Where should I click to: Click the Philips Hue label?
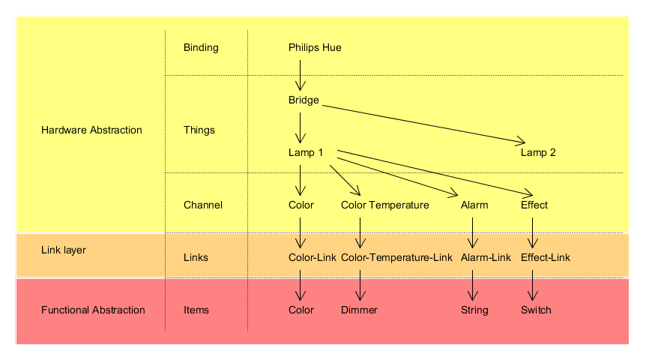coord(315,48)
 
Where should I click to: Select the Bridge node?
coord(304,100)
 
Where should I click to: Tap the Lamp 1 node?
coord(306,153)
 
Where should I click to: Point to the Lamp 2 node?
coord(538,153)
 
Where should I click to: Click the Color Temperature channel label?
coord(384,205)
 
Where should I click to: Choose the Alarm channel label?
coord(474,205)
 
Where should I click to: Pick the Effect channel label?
coord(534,205)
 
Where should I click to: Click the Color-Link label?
coord(313,258)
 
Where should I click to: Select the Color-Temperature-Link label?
coord(396,258)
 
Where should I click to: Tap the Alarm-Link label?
coord(486,258)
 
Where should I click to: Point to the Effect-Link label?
coord(546,258)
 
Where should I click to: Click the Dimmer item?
coord(359,310)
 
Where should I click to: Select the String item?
coord(474,310)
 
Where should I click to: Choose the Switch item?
coord(536,310)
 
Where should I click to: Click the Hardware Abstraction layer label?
coord(91,130)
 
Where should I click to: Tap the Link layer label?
coord(64,250)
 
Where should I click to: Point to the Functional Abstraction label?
coord(93,310)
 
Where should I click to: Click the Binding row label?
coord(201,48)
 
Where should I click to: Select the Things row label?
coord(199,130)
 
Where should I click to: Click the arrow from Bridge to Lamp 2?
coord(423,123)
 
